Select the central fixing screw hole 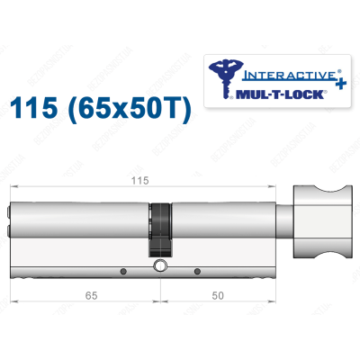[159, 266]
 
